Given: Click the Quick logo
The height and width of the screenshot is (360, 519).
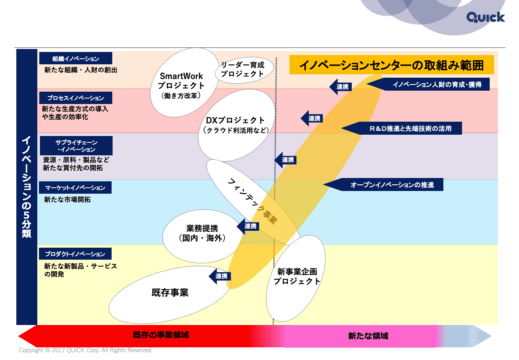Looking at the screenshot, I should (x=485, y=17).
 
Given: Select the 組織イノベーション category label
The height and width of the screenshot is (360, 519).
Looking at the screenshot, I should (x=76, y=59).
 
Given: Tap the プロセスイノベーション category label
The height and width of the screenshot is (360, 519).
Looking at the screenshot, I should (x=76, y=98).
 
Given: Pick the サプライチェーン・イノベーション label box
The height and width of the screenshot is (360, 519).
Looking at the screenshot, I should (x=76, y=146).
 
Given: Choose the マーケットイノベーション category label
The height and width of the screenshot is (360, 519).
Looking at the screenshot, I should (x=75, y=188).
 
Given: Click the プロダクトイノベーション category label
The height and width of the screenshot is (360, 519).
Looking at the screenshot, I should (x=75, y=254).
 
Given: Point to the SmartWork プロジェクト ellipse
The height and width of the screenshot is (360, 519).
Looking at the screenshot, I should (x=182, y=83).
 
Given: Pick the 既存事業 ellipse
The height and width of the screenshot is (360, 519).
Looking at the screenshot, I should (x=170, y=293).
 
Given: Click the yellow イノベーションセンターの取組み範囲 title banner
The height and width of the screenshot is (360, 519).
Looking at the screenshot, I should (x=391, y=65).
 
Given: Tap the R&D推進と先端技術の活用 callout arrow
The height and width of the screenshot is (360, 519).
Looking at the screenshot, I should (x=406, y=129).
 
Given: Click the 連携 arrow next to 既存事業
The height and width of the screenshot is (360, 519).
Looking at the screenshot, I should (x=220, y=276).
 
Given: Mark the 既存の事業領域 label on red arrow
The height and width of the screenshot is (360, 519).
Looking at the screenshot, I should (x=161, y=335).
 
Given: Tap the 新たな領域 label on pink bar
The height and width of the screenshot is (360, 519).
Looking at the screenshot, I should (x=368, y=336).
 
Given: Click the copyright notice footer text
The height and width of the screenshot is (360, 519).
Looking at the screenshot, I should (x=86, y=350).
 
